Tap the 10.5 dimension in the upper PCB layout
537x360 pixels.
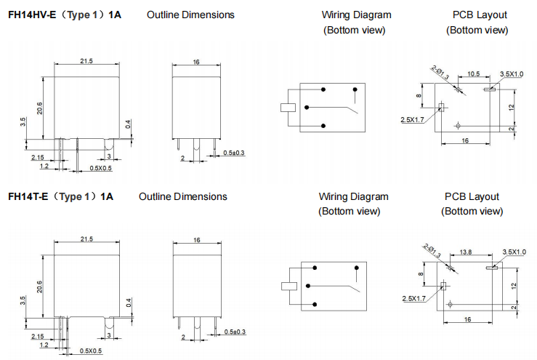pyautogui.click(x=473, y=74)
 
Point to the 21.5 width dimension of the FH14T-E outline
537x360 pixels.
pyautogui.click(x=86, y=239)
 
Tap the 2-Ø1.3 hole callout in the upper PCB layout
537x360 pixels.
pyautogui.click(x=440, y=73)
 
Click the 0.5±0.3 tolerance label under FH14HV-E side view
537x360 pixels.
pyautogui.click(x=234, y=153)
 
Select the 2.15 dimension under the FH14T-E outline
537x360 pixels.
pyautogui.click(x=38, y=335)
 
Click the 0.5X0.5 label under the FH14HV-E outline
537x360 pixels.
pyautogui.click(x=100, y=168)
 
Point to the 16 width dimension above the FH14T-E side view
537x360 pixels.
pyautogui.click(x=196, y=240)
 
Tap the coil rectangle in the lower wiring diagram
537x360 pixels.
pyautogui.click(x=289, y=284)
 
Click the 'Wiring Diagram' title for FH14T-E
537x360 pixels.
pyautogui.click(x=353, y=196)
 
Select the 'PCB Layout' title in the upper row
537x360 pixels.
pyautogui.click(x=480, y=15)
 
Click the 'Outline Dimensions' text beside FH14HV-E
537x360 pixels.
pyautogui.click(x=190, y=15)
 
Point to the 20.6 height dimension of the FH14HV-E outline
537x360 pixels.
pyautogui.click(x=41, y=108)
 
